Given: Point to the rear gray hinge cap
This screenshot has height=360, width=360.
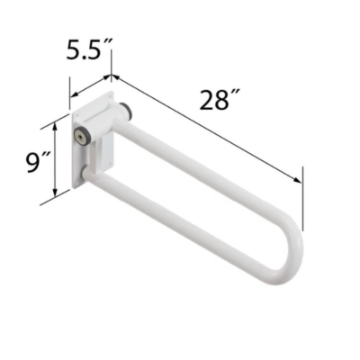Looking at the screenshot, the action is [x=125, y=111].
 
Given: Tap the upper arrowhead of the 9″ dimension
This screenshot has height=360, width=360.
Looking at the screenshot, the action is [x=55, y=126].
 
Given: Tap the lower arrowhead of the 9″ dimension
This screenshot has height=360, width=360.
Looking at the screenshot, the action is [x=55, y=193].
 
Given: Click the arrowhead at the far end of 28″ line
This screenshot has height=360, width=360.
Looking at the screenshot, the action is [x=297, y=180].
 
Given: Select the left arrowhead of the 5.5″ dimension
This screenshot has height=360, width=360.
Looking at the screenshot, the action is [x=74, y=94].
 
